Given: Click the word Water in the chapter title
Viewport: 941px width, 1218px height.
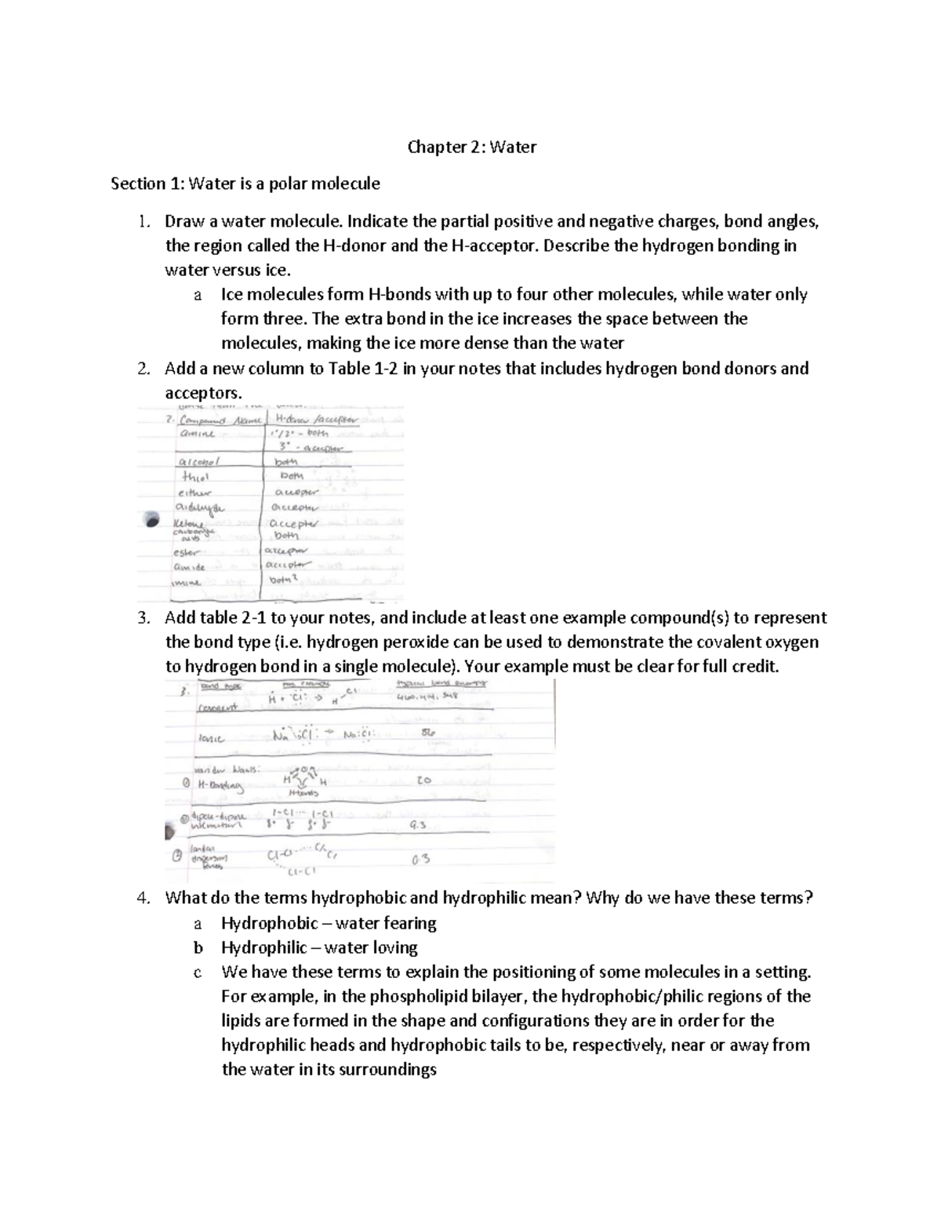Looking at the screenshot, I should tap(514, 147).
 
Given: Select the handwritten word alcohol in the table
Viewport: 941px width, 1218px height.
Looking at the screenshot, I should tap(201, 462).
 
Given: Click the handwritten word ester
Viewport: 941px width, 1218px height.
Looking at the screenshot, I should tap(187, 551).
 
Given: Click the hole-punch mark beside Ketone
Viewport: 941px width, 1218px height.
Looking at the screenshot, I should tap(150, 519).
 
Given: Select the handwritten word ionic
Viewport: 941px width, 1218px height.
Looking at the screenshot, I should tap(212, 739).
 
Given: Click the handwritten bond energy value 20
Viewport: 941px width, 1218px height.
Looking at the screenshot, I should tap(424, 781).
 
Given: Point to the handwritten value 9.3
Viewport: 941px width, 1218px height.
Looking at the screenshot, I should tap(419, 826).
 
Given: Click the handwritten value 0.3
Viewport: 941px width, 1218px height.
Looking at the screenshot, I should tap(420, 860).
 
